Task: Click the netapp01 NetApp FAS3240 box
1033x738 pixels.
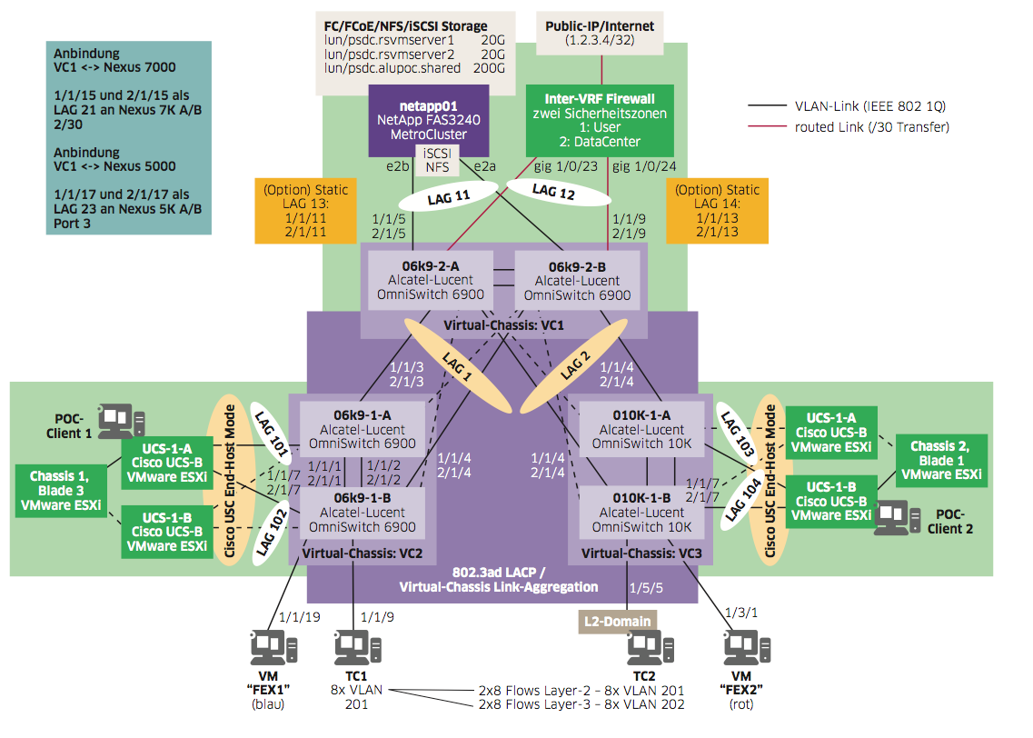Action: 429,121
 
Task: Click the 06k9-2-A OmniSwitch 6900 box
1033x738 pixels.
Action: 430,280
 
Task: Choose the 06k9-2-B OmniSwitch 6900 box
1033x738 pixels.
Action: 577,280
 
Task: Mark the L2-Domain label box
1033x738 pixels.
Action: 616,621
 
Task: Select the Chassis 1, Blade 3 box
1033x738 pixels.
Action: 59,490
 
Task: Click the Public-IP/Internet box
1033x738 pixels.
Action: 600,33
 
